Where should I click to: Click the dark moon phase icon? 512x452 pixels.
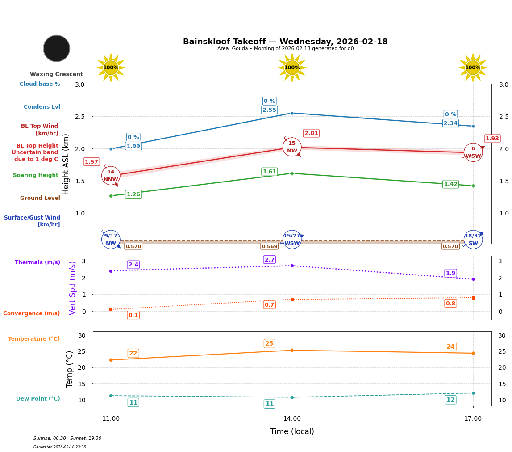(57, 48)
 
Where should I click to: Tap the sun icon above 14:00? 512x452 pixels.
(292, 68)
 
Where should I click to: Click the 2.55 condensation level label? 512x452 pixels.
(269, 110)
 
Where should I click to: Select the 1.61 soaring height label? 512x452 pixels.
(269, 172)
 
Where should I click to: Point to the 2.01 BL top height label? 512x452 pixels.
(311, 133)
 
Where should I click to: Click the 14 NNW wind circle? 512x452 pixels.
(111, 176)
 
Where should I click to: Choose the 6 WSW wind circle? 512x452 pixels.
(473, 152)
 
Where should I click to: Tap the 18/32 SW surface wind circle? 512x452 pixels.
(473, 240)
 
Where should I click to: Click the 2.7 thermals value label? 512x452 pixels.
(269, 260)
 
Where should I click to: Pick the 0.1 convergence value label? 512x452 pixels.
(133, 315)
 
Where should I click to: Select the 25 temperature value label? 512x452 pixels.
(269, 344)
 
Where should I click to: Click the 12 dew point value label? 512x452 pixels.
(450, 400)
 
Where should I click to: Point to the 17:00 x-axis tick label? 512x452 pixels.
(473, 419)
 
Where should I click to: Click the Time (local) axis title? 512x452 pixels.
(292, 431)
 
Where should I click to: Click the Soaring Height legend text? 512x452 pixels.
(36, 175)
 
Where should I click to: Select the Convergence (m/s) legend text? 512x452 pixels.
(32, 313)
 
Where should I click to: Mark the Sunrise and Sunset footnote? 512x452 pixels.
(67, 439)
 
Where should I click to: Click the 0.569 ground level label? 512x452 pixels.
(269, 246)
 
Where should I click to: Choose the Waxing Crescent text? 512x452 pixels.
(56, 74)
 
